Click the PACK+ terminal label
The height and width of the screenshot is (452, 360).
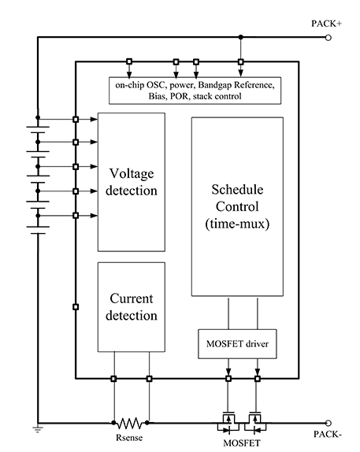click(x=326, y=24)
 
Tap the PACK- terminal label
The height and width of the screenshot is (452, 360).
click(x=328, y=434)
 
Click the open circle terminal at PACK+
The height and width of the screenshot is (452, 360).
click(x=328, y=38)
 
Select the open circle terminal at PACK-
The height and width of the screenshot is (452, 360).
click(x=328, y=423)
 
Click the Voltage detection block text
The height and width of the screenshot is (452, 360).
click(x=132, y=182)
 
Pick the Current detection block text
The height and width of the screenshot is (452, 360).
click(x=132, y=307)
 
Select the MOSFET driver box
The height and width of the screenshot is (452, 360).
click(x=237, y=344)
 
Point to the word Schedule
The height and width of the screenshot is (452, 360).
click(x=237, y=190)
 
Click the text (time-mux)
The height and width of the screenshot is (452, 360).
click(x=237, y=224)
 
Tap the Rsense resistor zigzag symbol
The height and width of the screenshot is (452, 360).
click(x=130, y=423)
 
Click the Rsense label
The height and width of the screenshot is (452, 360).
click(x=129, y=438)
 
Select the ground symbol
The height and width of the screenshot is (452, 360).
click(x=38, y=428)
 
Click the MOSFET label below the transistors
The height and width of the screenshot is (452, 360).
click(x=242, y=443)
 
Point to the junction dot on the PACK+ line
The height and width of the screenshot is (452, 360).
click(x=241, y=37)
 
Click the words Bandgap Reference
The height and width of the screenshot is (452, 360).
click(x=236, y=85)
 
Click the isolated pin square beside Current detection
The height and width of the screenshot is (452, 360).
click(x=76, y=307)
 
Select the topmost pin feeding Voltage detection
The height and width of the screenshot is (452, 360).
click(x=76, y=120)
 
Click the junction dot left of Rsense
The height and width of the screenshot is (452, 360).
click(x=113, y=423)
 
